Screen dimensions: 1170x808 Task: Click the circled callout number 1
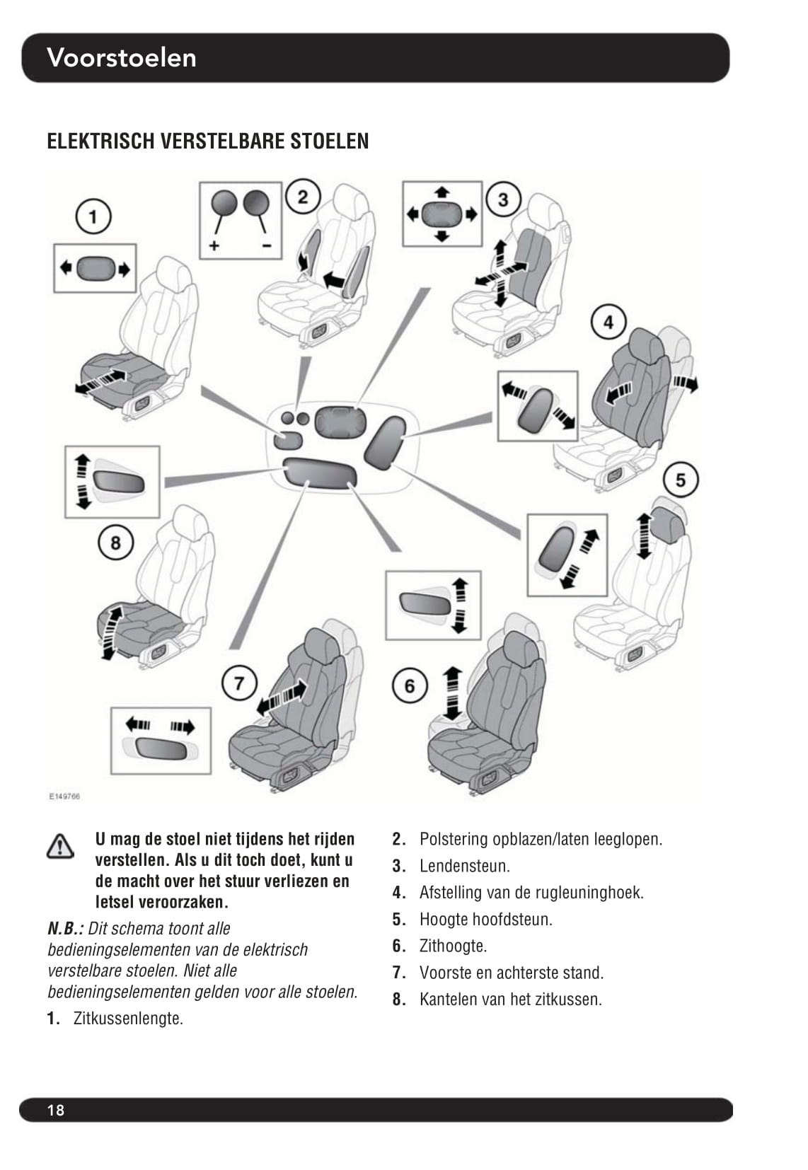point(93,216)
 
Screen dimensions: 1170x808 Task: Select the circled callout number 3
point(503,199)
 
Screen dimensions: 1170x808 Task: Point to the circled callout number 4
point(608,323)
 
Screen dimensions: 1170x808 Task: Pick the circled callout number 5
point(680,480)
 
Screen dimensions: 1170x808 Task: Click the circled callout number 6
point(410,686)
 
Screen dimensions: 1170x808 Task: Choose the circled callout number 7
point(239,683)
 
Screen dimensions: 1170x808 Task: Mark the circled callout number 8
point(115,543)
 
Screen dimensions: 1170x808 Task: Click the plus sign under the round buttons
point(214,245)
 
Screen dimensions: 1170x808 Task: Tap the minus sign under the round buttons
point(266,245)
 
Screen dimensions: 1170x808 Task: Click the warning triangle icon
point(60,846)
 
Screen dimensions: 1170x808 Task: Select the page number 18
point(56,1110)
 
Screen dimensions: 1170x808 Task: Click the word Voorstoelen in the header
point(122,57)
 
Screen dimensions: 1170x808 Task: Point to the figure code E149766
point(64,796)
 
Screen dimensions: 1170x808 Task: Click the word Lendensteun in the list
point(463,866)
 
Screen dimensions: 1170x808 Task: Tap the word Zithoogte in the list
point(453,946)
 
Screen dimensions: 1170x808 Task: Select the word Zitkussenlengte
point(127,1019)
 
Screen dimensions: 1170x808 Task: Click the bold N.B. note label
point(65,929)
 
